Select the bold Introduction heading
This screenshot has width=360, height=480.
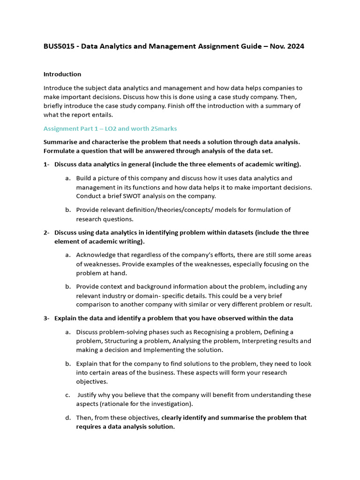pyautogui.click(x=62, y=74)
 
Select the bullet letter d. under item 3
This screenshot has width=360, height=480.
pyautogui.click(x=68, y=418)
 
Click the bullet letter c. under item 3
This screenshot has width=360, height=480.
pyautogui.click(x=68, y=395)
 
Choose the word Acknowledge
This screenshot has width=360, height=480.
pyautogui.click(x=95, y=255)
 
